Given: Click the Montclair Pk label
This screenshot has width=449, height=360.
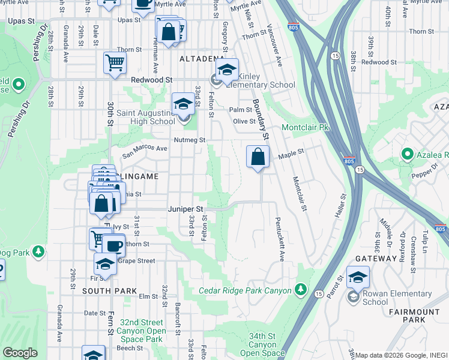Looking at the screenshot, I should tap(306, 128).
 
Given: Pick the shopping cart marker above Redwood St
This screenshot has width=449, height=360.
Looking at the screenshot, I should tap(114, 62).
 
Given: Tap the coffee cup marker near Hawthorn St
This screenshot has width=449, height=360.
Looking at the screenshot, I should tap(113, 245).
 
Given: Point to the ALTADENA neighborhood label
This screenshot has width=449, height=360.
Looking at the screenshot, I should tap(200, 59).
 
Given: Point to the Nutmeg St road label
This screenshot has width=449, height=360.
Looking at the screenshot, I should tap(190, 140).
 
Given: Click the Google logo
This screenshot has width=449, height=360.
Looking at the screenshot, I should tap(20, 353).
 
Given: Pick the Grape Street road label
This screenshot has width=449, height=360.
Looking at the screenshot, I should tap(138, 261).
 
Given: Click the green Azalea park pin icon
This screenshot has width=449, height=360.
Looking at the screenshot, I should tap(408, 154).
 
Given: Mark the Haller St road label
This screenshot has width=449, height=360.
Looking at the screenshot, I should tap(340, 206).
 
